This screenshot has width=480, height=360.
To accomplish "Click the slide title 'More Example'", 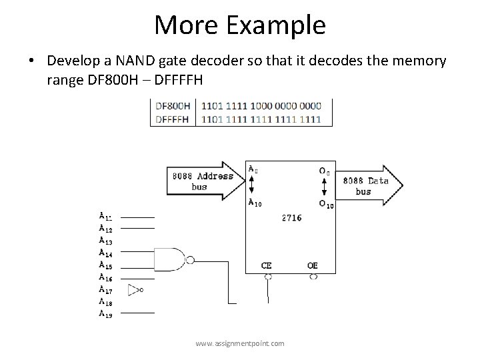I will pyautogui.click(x=240, y=25).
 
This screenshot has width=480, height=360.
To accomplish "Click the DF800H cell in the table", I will pyautogui.click(x=172, y=105).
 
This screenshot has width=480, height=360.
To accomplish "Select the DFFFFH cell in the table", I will pyautogui.click(x=172, y=119).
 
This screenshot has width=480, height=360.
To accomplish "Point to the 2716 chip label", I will pyautogui.click(x=291, y=218).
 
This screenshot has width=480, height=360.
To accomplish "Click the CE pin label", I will pyautogui.click(x=267, y=265).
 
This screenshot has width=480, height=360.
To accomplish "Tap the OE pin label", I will pyautogui.click(x=313, y=265).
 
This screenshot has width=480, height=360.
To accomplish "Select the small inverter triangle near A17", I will pyautogui.click(x=136, y=289).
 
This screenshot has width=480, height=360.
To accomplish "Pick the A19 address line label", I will pyautogui.click(x=105, y=313).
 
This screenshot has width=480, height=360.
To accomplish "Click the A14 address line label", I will pyautogui.click(x=105, y=253).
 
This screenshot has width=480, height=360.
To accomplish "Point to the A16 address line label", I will pyautogui.click(x=105, y=277).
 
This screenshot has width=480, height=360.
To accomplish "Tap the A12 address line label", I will pyautogui.click(x=105, y=228).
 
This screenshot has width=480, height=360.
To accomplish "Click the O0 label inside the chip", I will pyautogui.click(x=323, y=171).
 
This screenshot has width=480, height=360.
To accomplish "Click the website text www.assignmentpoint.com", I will pyautogui.click(x=240, y=343).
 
